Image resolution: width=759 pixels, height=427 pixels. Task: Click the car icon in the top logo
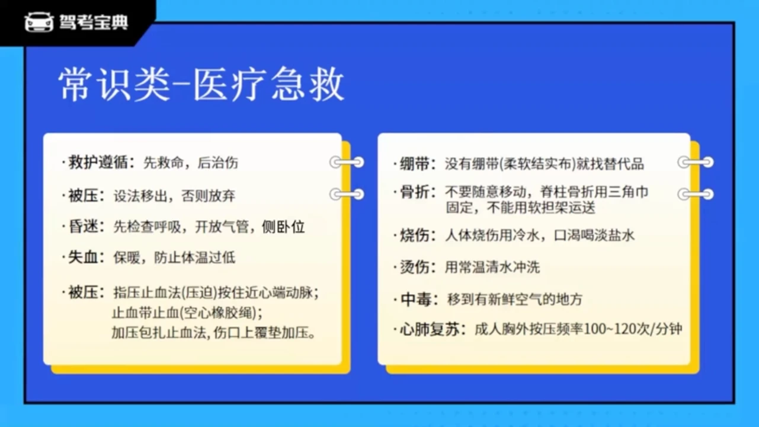click(x=39, y=22)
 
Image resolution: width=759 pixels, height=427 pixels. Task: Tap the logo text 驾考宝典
click(x=94, y=23)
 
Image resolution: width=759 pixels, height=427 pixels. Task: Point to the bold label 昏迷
click(x=84, y=227)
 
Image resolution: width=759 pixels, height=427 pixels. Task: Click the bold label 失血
click(x=84, y=257)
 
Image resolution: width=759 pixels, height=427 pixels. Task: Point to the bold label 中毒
click(x=416, y=299)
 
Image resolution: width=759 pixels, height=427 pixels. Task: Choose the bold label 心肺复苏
click(x=430, y=329)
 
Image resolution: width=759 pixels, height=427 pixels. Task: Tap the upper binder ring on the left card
click(x=347, y=162)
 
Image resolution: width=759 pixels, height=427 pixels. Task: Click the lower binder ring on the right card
click(x=696, y=195)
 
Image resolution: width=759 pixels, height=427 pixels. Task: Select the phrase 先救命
click(x=164, y=163)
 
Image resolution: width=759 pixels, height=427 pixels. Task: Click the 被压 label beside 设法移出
click(x=84, y=196)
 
